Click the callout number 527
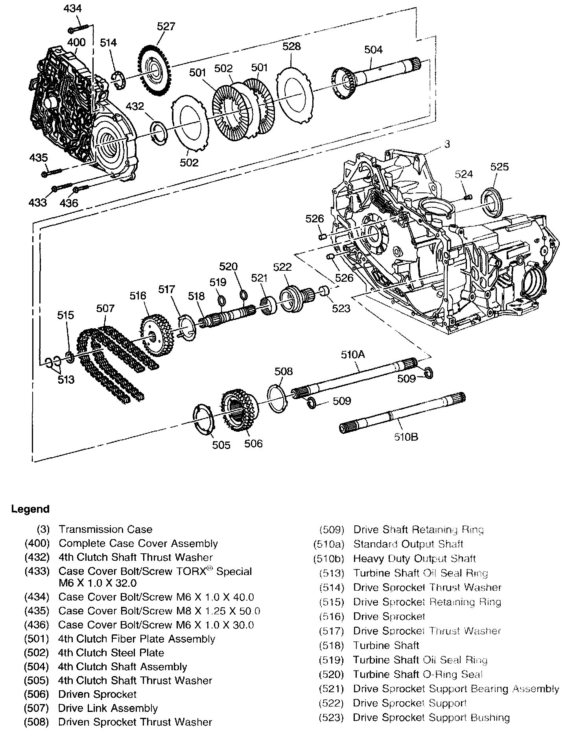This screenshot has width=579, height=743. (166, 26)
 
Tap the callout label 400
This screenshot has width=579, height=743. (76, 42)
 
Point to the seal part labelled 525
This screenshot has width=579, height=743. (492, 203)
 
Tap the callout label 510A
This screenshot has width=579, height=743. (353, 355)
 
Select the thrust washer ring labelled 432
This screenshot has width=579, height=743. (160, 133)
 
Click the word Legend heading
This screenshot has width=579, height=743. (30, 509)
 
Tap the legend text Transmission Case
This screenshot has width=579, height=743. (105, 529)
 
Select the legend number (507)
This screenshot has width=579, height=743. (36, 708)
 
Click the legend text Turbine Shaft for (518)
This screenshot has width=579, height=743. (385, 645)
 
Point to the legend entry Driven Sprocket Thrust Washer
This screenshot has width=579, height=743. (135, 722)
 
